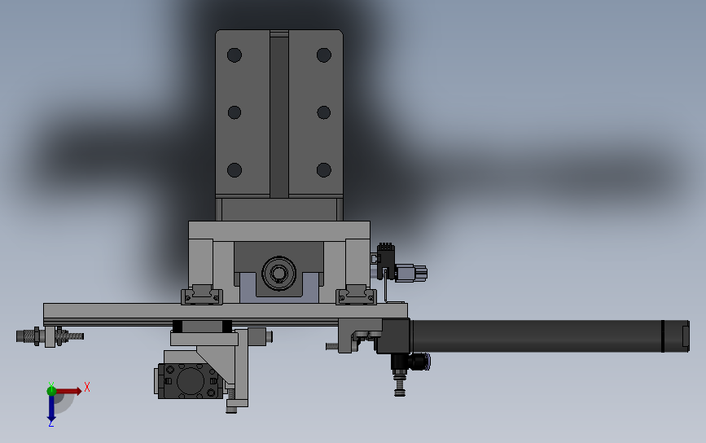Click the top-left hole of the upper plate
[235, 55]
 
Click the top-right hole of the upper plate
[323, 55]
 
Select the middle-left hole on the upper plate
[235, 112]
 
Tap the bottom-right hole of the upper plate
[323, 170]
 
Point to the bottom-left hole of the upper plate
[235, 170]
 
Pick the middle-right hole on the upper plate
[323, 112]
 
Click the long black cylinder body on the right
[537, 336]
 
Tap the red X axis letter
[87, 387]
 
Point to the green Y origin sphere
[51, 390]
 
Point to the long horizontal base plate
[225, 311]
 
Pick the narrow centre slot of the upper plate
[278, 114]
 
